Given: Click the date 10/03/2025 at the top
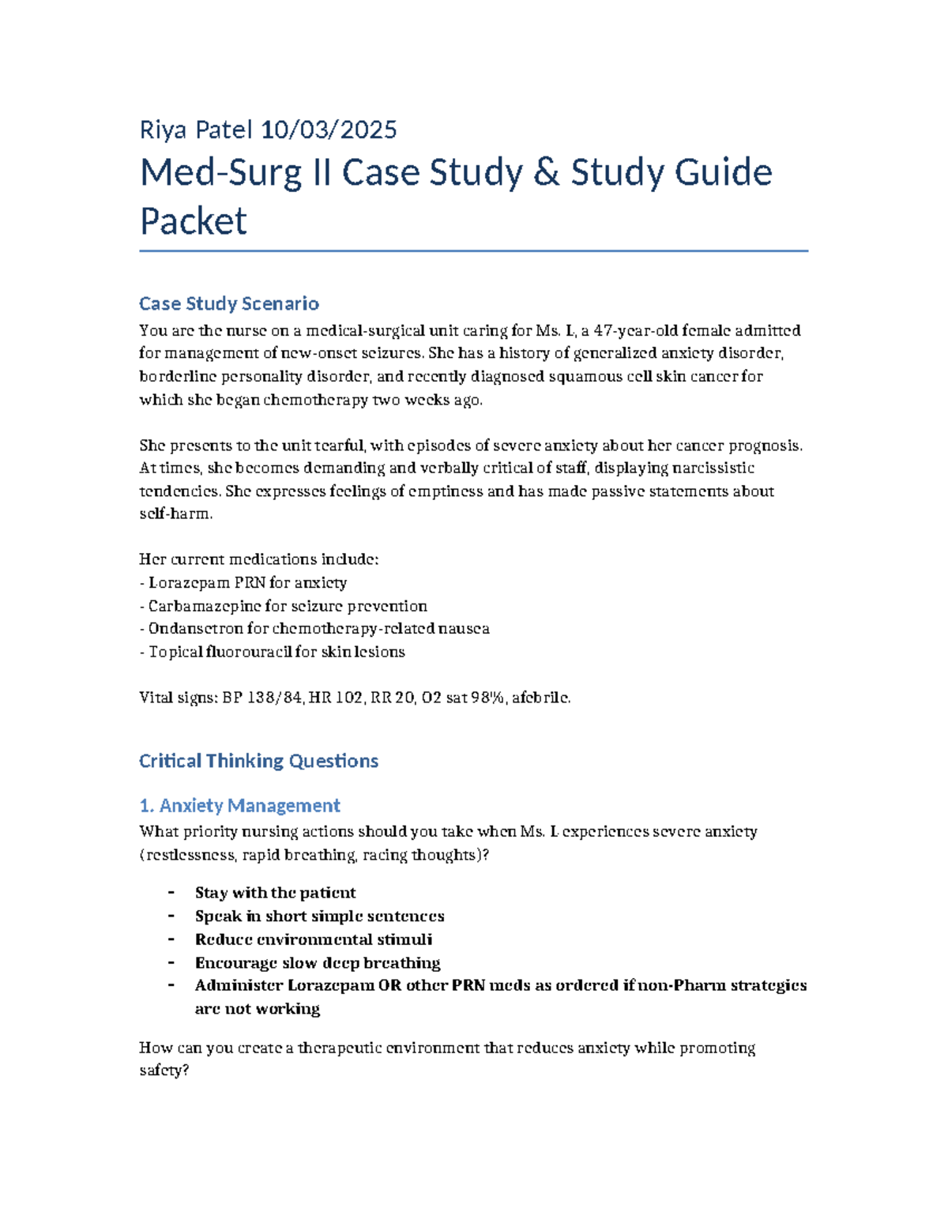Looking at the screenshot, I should (329, 130).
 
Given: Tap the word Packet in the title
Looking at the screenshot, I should (194, 220).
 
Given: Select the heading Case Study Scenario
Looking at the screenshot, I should (229, 303).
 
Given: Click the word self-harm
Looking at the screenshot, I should (175, 514).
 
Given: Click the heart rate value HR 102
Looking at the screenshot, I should (336, 698).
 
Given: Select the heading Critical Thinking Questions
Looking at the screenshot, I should (258, 761).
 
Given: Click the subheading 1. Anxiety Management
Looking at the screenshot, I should (239, 805).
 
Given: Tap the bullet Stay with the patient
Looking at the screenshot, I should (275, 893).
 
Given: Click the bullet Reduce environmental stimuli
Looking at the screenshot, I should (314, 939).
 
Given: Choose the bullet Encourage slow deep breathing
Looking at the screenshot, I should (318, 962).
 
